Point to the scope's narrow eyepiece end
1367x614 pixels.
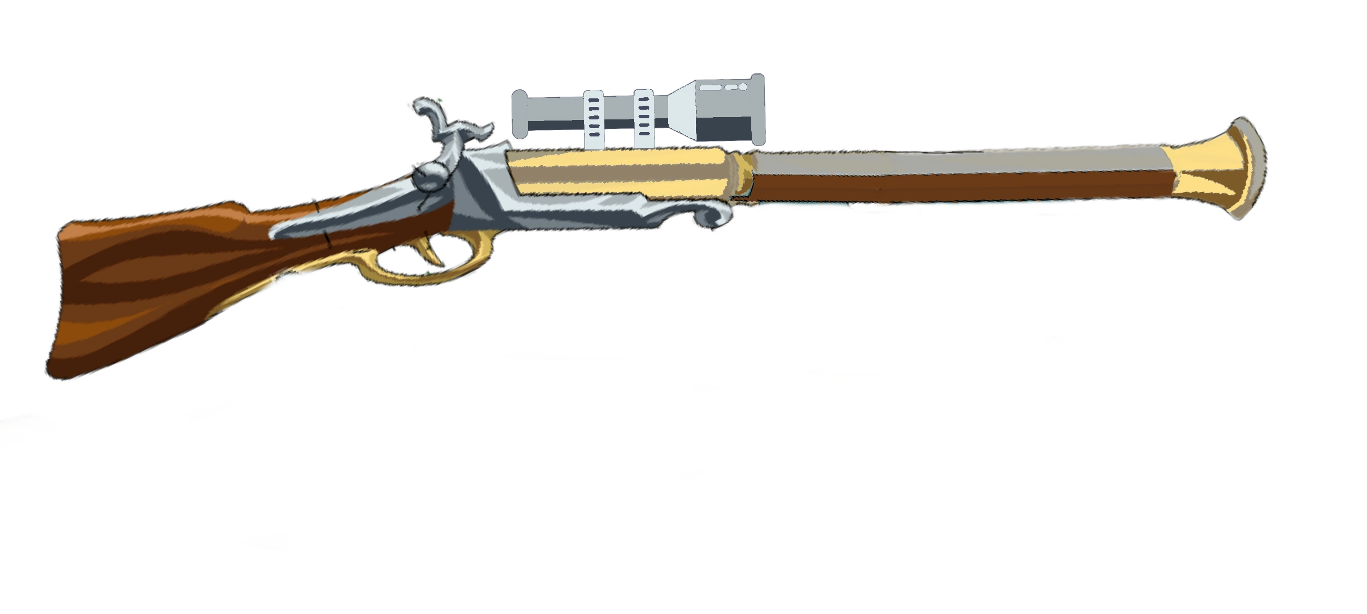[519, 114]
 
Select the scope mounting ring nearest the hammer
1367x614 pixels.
[593, 119]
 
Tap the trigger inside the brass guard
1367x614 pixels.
[433, 250]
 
